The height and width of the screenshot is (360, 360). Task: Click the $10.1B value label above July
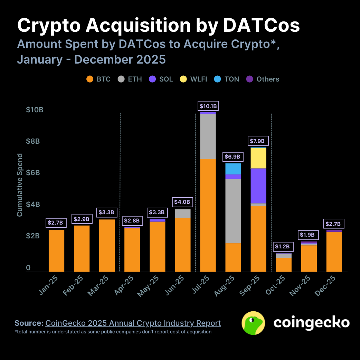click(x=208, y=106)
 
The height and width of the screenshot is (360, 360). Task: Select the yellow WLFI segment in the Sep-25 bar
click(x=258, y=158)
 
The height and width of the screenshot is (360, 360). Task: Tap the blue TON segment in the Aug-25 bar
click(x=233, y=169)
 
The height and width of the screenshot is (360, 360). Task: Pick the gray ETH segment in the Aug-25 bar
click(x=233, y=211)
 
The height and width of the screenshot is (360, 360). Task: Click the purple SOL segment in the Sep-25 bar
click(x=258, y=186)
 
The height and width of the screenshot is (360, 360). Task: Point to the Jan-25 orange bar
click(x=57, y=250)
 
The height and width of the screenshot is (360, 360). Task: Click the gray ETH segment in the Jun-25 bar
click(x=183, y=214)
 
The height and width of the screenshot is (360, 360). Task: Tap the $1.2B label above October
click(x=284, y=247)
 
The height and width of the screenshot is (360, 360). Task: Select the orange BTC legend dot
click(x=90, y=79)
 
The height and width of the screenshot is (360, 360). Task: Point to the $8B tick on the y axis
click(x=35, y=141)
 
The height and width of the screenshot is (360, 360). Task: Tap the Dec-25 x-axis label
click(x=325, y=286)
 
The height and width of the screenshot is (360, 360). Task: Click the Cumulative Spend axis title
click(x=20, y=185)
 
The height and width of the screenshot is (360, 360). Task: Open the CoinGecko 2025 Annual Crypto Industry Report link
click(x=133, y=323)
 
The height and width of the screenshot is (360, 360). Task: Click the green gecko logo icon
click(x=253, y=323)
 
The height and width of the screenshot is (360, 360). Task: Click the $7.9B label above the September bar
click(x=258, y=141)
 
